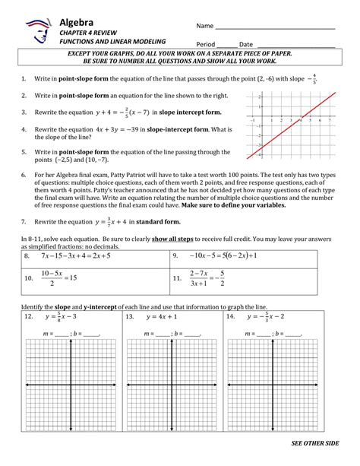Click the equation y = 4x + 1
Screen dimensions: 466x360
(163, 315)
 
